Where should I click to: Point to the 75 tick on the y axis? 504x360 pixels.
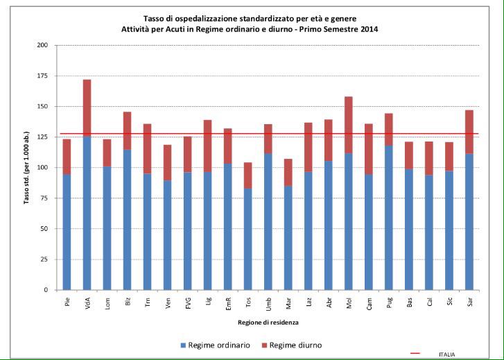(x=45, y=198)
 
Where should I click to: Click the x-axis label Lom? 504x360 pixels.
(x=107, y=303)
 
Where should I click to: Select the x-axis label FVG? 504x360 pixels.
(x=187, y=303)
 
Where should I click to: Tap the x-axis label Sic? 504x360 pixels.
(x=449, y=302)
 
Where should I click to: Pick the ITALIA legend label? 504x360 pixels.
(x=447, y=354)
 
